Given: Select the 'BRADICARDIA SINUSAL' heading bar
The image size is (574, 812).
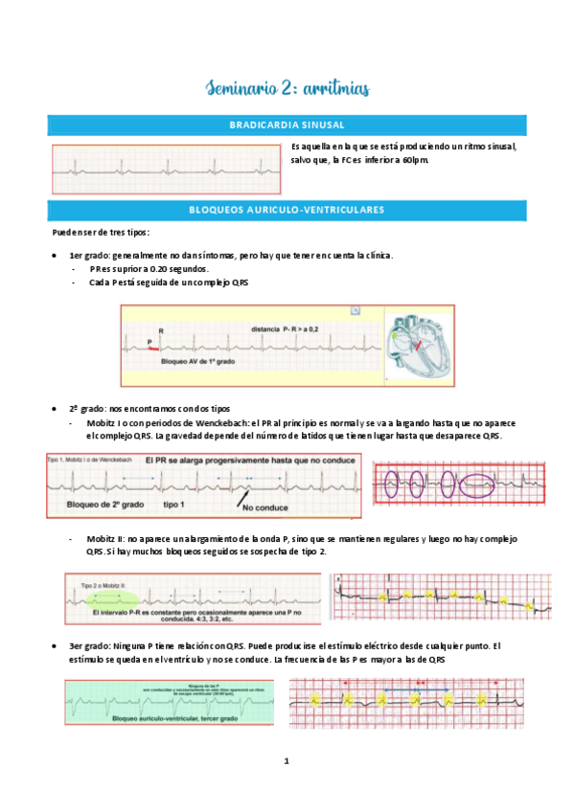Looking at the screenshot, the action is click(287, 125).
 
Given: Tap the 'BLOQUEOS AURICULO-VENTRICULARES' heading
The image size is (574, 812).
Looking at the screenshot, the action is click(287, 208).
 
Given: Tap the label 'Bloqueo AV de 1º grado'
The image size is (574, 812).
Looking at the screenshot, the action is click(199, 362).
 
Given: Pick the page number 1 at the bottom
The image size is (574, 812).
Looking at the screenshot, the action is click(287, 762).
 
